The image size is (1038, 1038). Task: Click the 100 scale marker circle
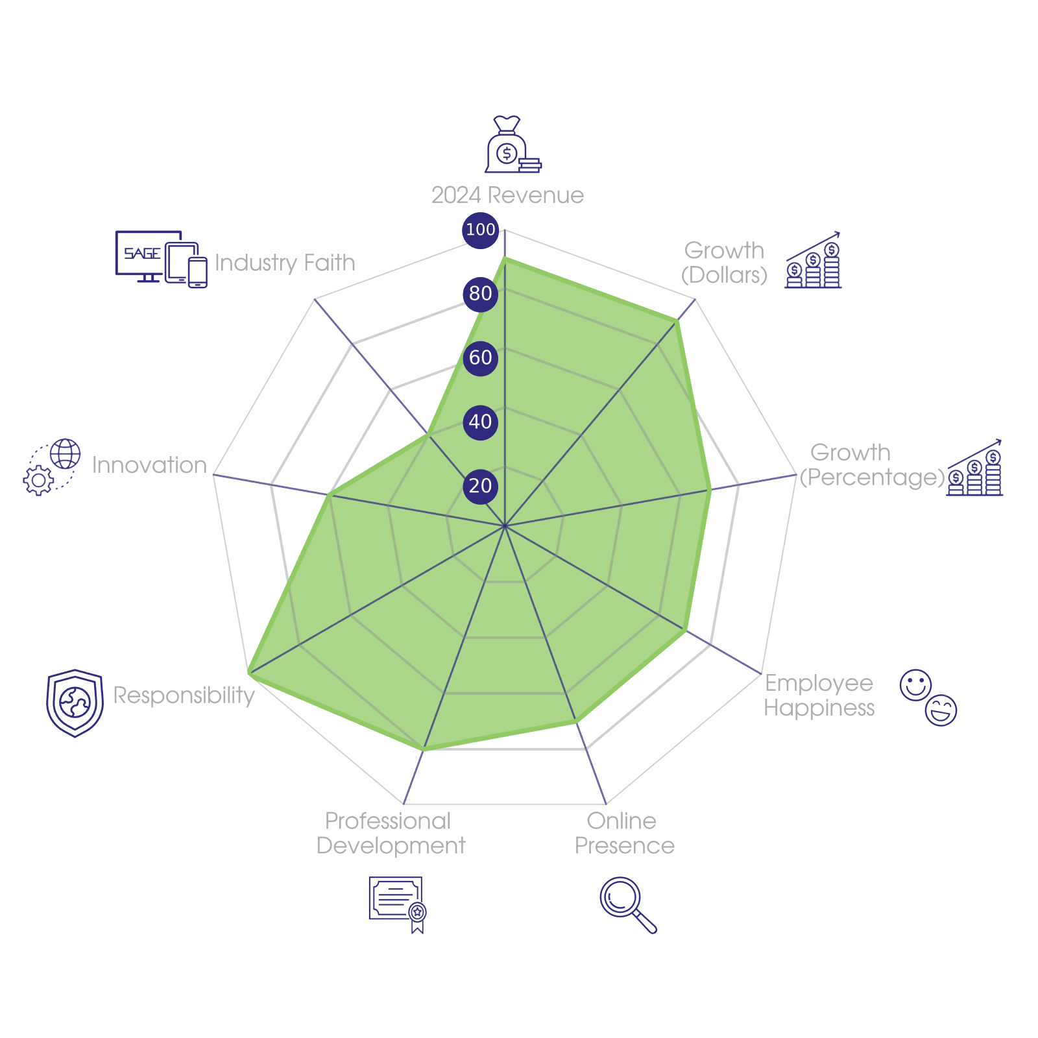point(480,230)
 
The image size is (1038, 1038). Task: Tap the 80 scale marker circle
point(480,293)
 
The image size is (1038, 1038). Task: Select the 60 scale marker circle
point(480,357)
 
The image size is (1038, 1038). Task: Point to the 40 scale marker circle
point(480,422)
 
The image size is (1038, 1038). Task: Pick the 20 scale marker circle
point(480,486)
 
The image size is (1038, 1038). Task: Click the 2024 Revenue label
point(507,195)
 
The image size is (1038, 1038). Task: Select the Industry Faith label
point(285,263)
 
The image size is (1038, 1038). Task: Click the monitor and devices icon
point(161,258)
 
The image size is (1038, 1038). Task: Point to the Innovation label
point(149,465)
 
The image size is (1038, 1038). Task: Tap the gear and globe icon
point(52,466)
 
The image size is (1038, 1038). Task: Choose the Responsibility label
point(184,695)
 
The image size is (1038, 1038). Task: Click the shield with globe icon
point(75,703)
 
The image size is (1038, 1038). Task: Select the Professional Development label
point(391,834)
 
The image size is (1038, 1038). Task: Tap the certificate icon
point(397,904)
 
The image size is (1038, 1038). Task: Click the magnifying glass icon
point(627,904)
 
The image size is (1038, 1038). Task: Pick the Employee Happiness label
point(819,695)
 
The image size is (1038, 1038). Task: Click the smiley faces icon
point(928,696)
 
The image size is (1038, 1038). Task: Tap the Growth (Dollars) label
point(725,263)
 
